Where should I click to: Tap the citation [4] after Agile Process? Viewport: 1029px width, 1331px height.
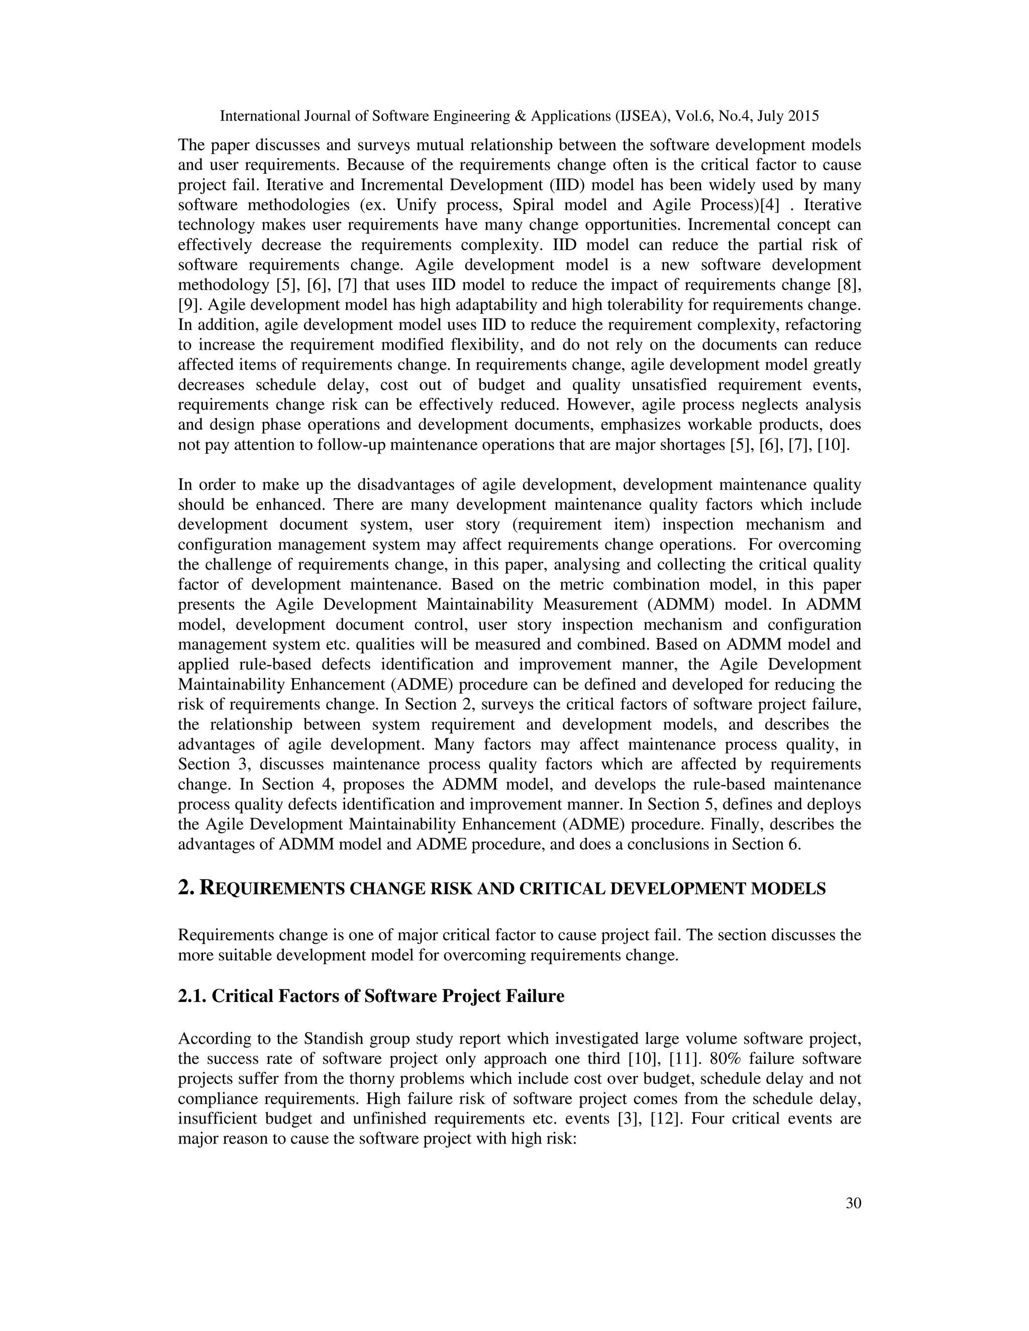tap(769, 205)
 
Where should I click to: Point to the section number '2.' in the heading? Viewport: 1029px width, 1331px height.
tap(186, 889)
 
